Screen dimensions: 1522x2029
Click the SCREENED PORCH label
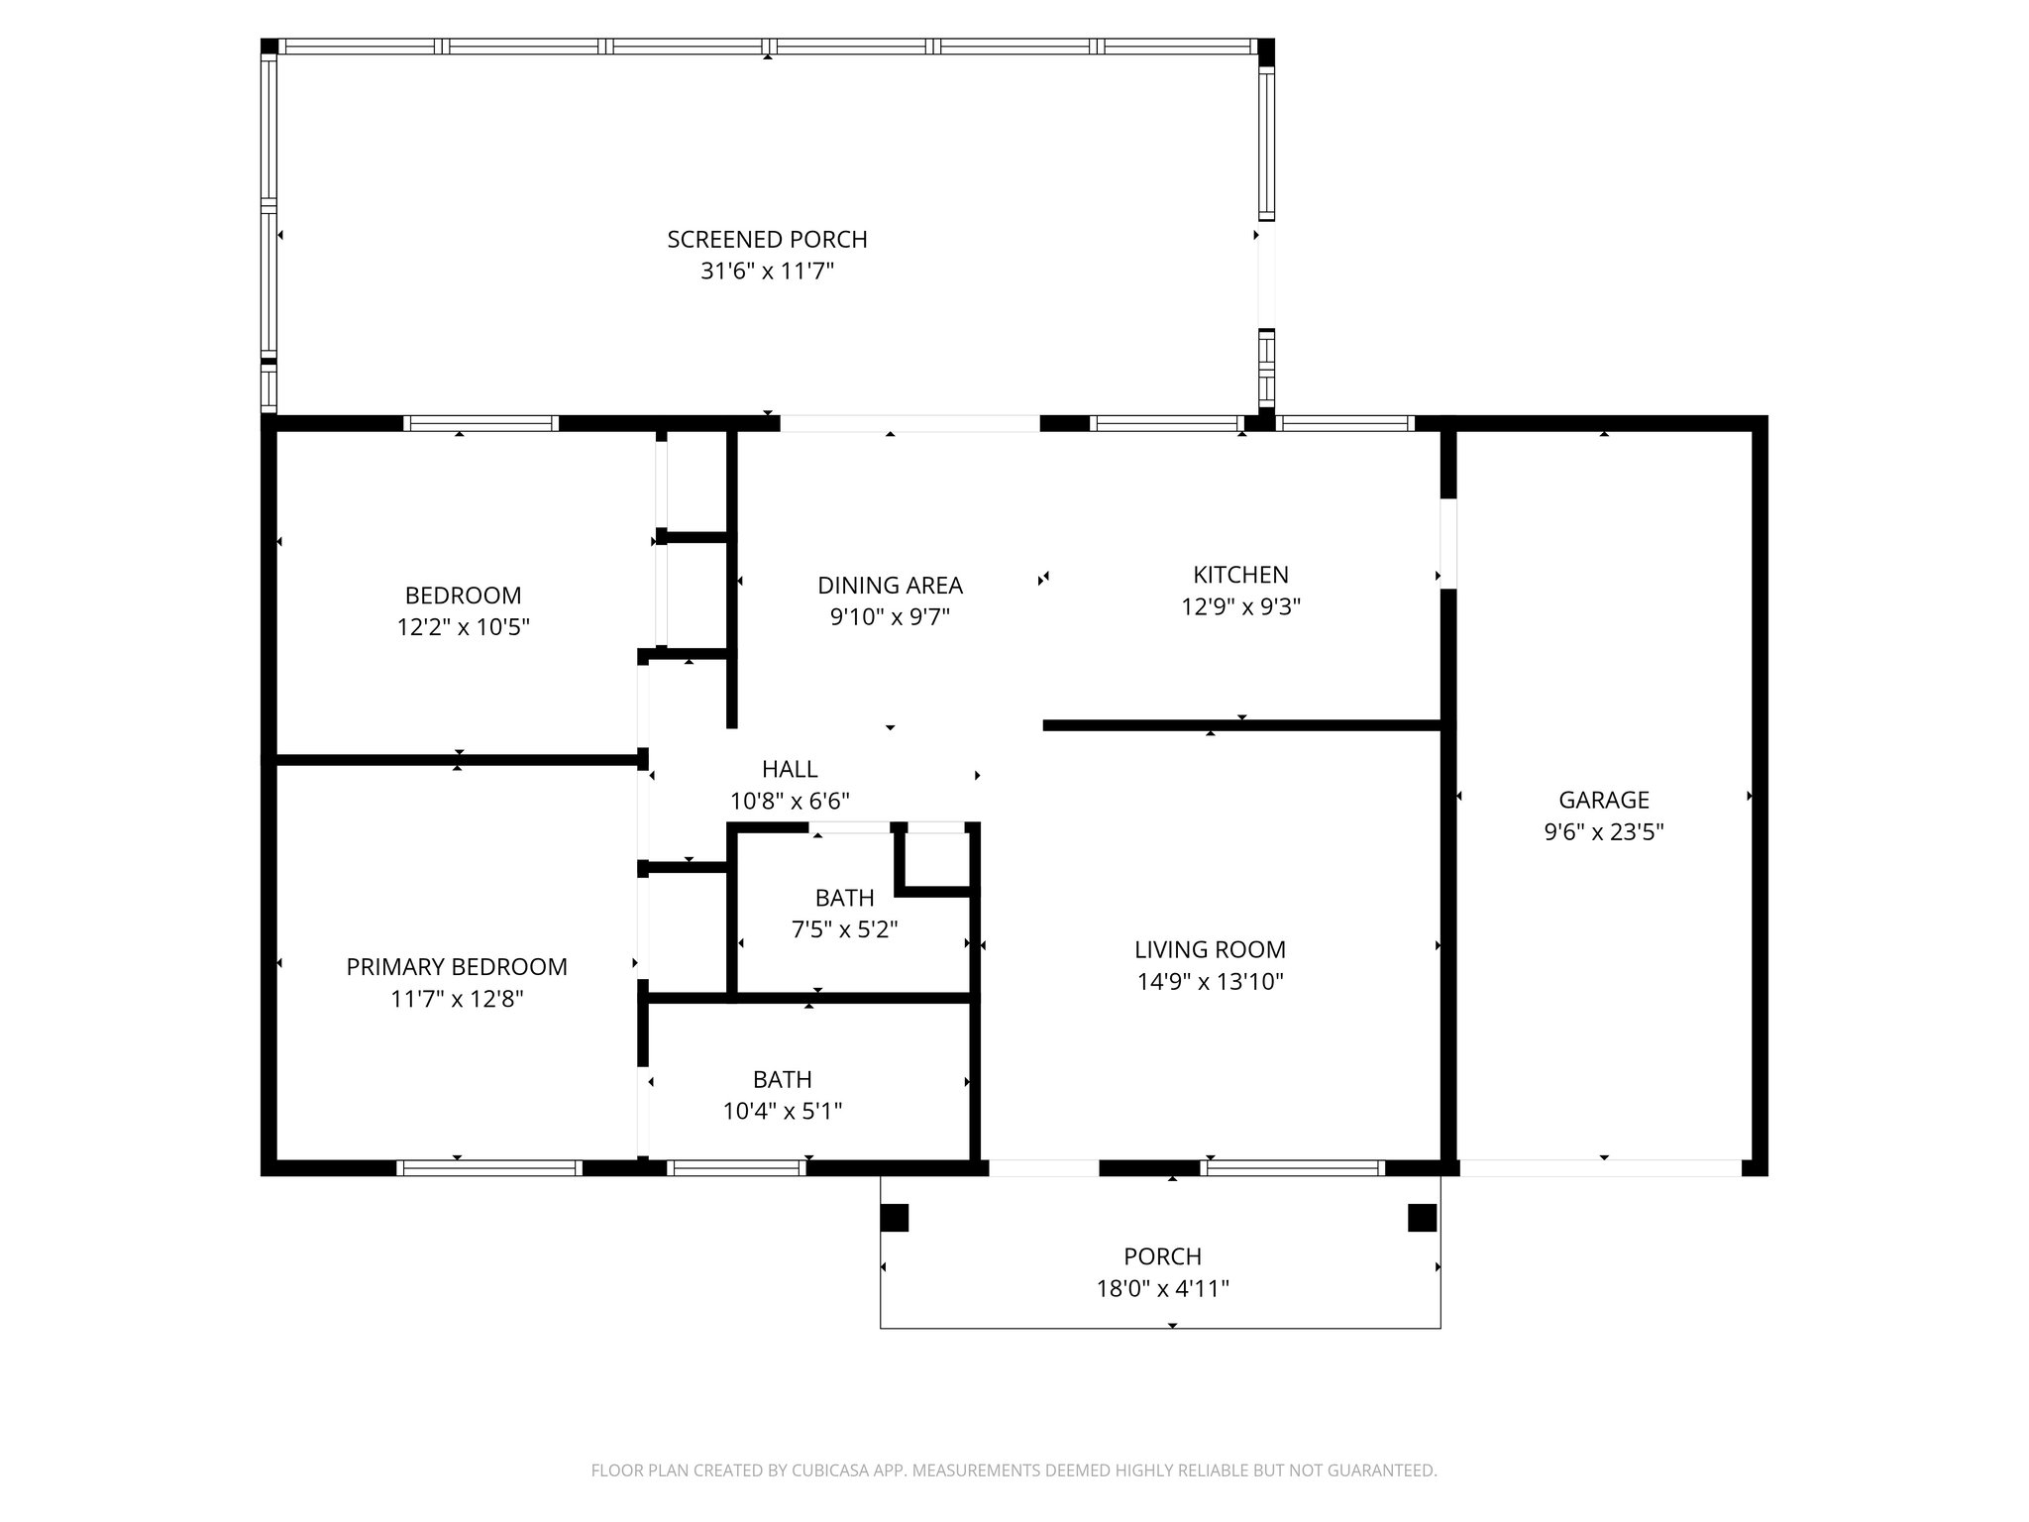pos(767,239)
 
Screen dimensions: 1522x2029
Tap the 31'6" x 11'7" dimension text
pos(767,272)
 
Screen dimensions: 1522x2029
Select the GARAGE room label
pos(1603,800)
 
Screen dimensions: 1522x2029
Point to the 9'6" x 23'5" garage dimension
pos(1603,832)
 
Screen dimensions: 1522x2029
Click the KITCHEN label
pos(1240,575)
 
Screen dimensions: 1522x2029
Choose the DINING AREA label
pos(890,586)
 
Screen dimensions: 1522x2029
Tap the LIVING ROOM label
pos(1210,949)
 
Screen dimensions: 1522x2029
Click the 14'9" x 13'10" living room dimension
pos(1210,982)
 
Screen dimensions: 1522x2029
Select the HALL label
pos(790,769)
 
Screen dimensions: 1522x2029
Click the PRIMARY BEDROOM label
pos(457,967)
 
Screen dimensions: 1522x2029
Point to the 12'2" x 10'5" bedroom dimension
pos(464,627)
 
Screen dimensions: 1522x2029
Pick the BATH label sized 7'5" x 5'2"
pos(844,898)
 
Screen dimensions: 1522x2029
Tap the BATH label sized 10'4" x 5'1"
pos(782,1079)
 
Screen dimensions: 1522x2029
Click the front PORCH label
pos(1162,1256)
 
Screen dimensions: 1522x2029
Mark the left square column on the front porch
pos(894,1218)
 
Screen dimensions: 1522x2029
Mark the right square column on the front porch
pos(1422,1218)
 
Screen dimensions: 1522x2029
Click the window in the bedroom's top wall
pos(481,424)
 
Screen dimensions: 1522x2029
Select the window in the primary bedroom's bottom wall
pos(488,1168)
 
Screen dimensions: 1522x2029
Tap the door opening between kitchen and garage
pos(1447,543)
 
